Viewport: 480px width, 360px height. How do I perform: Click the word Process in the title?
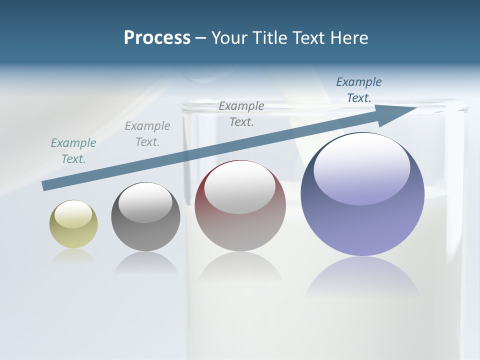click(x=157, y=37)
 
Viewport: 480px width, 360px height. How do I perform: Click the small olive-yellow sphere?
click(x=73, y=224)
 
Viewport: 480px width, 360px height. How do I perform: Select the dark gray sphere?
click(x=145, y=217)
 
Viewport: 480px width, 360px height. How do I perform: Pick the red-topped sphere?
click(x=240, y=206)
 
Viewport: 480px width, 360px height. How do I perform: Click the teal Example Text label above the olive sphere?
click(x=73, y=151)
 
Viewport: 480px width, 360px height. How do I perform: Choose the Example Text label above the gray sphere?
click(x=147, y=134)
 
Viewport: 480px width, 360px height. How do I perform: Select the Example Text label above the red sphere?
click(x=241, y=113)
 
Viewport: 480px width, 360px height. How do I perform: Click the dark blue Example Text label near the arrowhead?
click(x=359, y=90)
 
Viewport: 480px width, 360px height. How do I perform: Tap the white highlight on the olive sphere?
click(x=73, y=214)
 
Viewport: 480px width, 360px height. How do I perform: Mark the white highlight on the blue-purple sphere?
click(x=361, y=167)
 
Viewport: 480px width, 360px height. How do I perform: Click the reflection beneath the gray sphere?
click(x=145, y=262)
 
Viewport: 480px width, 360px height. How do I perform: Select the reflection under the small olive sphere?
click(x=73, y=256)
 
